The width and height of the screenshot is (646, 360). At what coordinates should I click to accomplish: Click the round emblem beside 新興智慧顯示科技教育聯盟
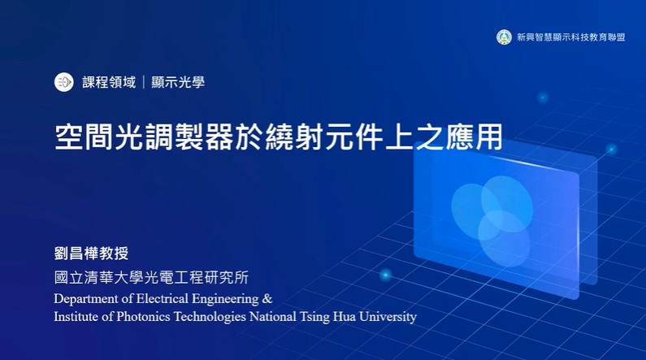[504, 37]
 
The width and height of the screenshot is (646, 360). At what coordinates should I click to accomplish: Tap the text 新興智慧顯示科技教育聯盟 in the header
[571, 37]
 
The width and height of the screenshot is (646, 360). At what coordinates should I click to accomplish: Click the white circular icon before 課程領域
[64, 82]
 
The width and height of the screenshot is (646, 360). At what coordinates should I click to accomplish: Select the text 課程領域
[109, 82]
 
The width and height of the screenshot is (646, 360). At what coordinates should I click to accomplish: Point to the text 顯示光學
[178, 82]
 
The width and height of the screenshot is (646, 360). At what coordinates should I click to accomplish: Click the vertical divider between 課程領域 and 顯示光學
[143, 82]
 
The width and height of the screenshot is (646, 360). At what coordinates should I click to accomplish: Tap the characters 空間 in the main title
[84, 137]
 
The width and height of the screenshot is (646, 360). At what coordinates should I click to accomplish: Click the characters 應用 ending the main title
[474, 137]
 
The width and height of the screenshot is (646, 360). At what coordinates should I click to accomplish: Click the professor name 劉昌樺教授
[92, 254]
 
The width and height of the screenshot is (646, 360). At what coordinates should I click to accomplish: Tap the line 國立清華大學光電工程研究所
[151, 278]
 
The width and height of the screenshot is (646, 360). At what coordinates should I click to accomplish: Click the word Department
[86, 299]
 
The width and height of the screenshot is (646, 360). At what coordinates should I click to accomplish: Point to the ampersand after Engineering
[267, 298]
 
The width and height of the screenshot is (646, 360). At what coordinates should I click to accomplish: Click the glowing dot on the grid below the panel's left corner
[386, 275]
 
